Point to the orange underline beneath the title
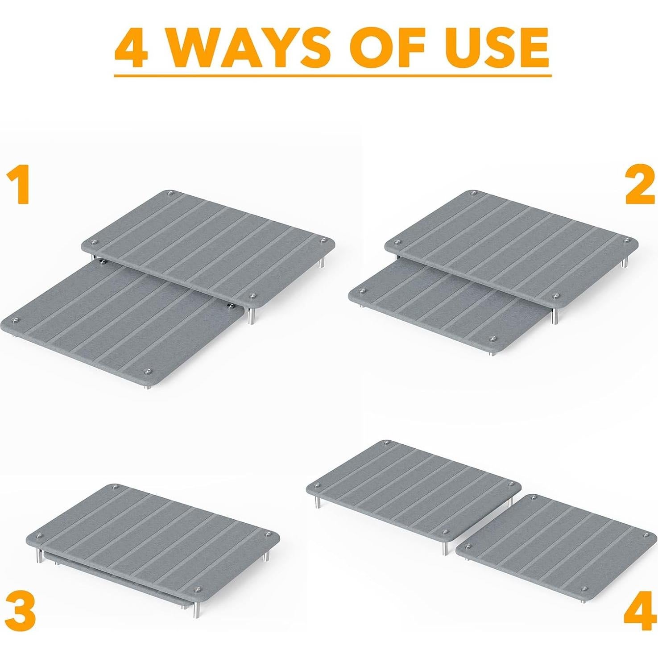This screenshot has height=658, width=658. [x=332, y=75]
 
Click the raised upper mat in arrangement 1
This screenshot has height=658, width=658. [x=210, y=241]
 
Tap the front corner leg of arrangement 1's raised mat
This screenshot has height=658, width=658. [x=252, y=315]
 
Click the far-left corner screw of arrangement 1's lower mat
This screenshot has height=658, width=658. [x=16, y=320]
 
